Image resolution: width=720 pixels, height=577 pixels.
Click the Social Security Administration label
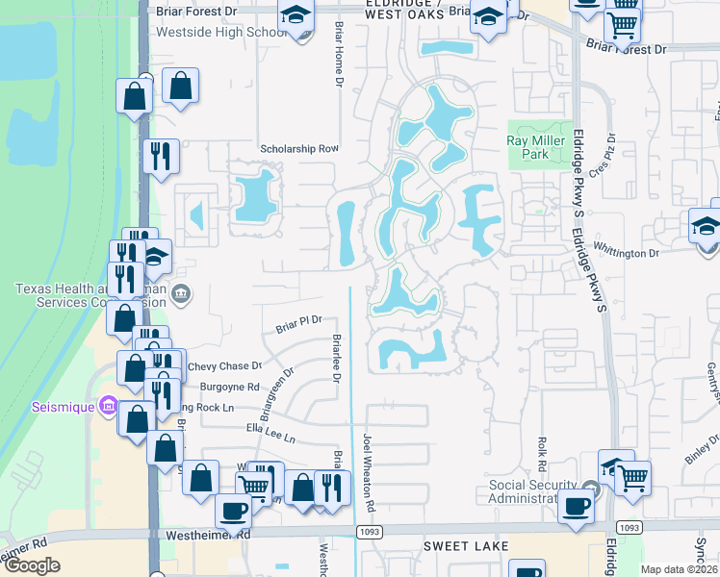point(533,490)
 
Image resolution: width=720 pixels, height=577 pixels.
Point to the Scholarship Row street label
point(300,149)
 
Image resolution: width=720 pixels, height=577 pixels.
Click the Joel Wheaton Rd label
point(368,472)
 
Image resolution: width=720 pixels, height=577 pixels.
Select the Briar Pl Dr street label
point(298,323)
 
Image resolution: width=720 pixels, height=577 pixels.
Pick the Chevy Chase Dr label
point(225,366)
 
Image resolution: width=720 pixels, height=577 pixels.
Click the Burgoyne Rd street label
point(230,387)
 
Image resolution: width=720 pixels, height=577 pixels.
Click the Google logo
point(32,565)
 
